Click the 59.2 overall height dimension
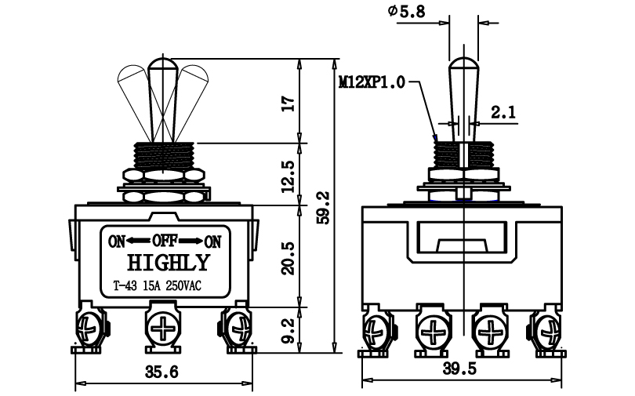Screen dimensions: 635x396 (325, 208)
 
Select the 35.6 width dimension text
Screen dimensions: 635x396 (161, 372)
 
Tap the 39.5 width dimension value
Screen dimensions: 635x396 (459, 369)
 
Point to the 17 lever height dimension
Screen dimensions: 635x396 (288, 104)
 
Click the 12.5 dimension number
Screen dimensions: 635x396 (288, 176)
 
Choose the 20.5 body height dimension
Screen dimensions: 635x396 (288, 259)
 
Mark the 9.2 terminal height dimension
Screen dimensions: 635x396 (288, 330)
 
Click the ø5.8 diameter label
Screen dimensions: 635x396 (406, 11)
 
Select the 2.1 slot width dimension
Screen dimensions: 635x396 (503, 112)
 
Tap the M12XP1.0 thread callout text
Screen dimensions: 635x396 (372, 82)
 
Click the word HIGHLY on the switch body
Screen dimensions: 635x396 (169, 263)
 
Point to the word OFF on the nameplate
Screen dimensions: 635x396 (165, 241)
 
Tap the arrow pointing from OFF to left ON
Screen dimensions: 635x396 (139, 241)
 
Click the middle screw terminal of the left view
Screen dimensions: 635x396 (163, 327)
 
